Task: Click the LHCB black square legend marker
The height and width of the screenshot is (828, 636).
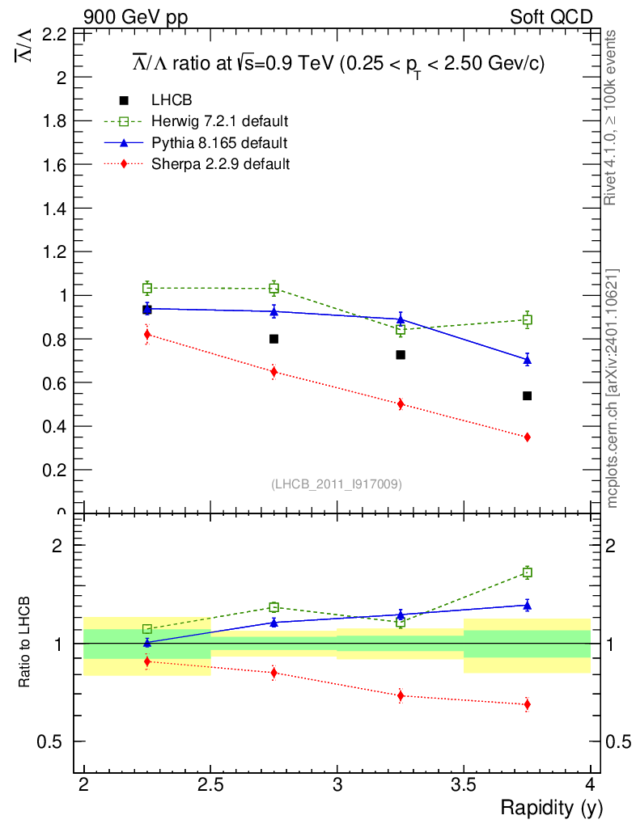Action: [124, 100]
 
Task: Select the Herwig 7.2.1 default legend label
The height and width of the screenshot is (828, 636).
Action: [220, 121]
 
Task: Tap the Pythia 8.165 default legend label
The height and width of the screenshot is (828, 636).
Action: [219, 143]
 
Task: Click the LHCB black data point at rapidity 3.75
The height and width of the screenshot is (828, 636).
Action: [527, 395]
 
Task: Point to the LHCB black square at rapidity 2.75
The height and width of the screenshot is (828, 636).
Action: [273, 339]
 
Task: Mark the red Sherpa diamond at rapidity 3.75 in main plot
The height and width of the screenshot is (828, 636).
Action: [527, 437]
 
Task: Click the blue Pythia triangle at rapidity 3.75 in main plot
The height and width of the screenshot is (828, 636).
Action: [527, 360]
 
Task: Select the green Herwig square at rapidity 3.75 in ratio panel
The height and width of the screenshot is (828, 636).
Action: [527, 572]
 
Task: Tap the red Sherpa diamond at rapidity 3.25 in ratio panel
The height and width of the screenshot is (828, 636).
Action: [401, 695]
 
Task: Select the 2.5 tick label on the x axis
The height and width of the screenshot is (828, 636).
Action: [210, 784]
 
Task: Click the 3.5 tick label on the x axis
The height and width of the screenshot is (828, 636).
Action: [464, 784]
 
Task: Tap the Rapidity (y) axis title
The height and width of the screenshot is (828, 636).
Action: [551, 807]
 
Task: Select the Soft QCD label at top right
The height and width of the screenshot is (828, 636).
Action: [552, 17]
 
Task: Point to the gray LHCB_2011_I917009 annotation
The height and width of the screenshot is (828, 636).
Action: [337, 484]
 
